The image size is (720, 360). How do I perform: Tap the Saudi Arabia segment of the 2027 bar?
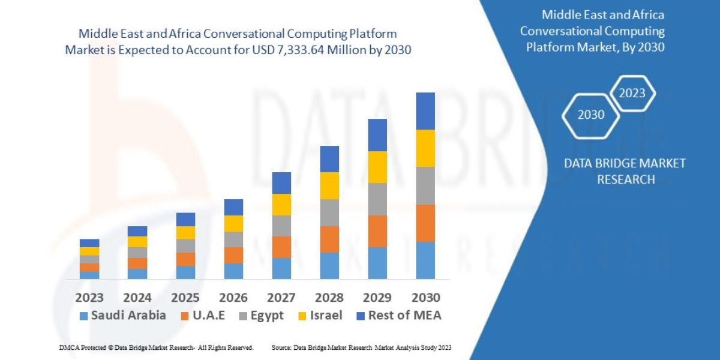(x=281, y=268)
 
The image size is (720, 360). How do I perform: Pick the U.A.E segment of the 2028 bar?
(x=329, y=239)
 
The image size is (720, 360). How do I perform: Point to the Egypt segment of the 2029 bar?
(x=377, y=199)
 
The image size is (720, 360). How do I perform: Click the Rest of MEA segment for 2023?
(x=89, y=243)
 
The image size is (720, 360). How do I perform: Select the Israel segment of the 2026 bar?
(x=233, y=223)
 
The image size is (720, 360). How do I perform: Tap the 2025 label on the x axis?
(x=185, y=298)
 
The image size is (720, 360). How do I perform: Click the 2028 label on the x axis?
(x=329, y=298)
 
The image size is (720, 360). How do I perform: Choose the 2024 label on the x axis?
(x=137, y=298)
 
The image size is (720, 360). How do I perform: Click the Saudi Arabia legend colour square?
(x=83, y=316)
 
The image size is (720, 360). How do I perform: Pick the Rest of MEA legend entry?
(x=399, y=316)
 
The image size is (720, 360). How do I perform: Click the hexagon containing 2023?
(x=632, y=93)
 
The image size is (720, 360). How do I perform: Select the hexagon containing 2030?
(x=590, y=115)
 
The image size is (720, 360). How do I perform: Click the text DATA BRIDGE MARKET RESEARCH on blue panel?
(x=625, y=171)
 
